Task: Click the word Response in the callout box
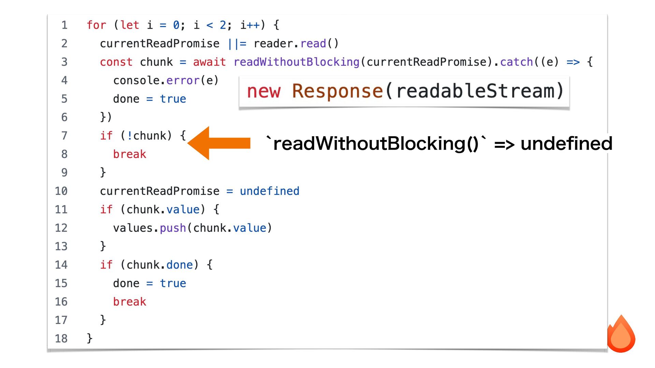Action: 337,91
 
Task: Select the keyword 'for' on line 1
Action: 96,25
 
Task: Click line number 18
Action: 61,338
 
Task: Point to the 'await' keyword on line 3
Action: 209,62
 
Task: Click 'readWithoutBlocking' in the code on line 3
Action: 296,62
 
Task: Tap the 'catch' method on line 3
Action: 516,62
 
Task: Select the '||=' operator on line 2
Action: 237,44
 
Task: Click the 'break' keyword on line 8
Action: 129,154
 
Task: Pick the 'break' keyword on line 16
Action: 129,302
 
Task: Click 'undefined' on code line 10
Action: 270,191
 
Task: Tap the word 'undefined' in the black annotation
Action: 566,143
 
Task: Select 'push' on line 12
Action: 173,228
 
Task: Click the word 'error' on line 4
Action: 183,80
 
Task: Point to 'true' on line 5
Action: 173,99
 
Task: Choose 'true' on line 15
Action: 173,283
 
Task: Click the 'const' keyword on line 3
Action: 116,62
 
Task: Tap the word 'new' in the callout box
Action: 264,91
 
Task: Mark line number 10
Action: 61,191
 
